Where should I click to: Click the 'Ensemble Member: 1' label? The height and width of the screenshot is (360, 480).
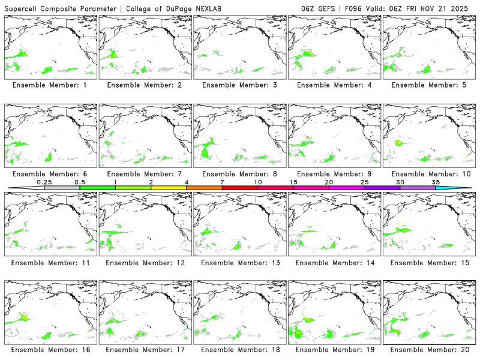tap(50, 85)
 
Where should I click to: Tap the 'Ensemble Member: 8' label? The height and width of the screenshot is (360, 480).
tap(239, 173)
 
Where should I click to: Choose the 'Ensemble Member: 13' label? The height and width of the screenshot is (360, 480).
tap(239, 262)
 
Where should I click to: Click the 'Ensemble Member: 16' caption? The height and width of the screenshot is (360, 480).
tap(50, 350)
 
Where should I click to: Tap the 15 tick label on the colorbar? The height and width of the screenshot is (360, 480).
tap(293, 182)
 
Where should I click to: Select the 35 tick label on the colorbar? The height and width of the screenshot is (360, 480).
tap(436, 182)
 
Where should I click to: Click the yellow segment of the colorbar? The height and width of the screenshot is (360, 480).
tap(169, 188)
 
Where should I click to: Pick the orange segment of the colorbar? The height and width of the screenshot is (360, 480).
tap(204, 188)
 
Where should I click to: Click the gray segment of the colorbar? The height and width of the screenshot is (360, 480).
tap(62, 188)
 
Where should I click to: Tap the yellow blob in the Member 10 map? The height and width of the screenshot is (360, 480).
tap(398, 143)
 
